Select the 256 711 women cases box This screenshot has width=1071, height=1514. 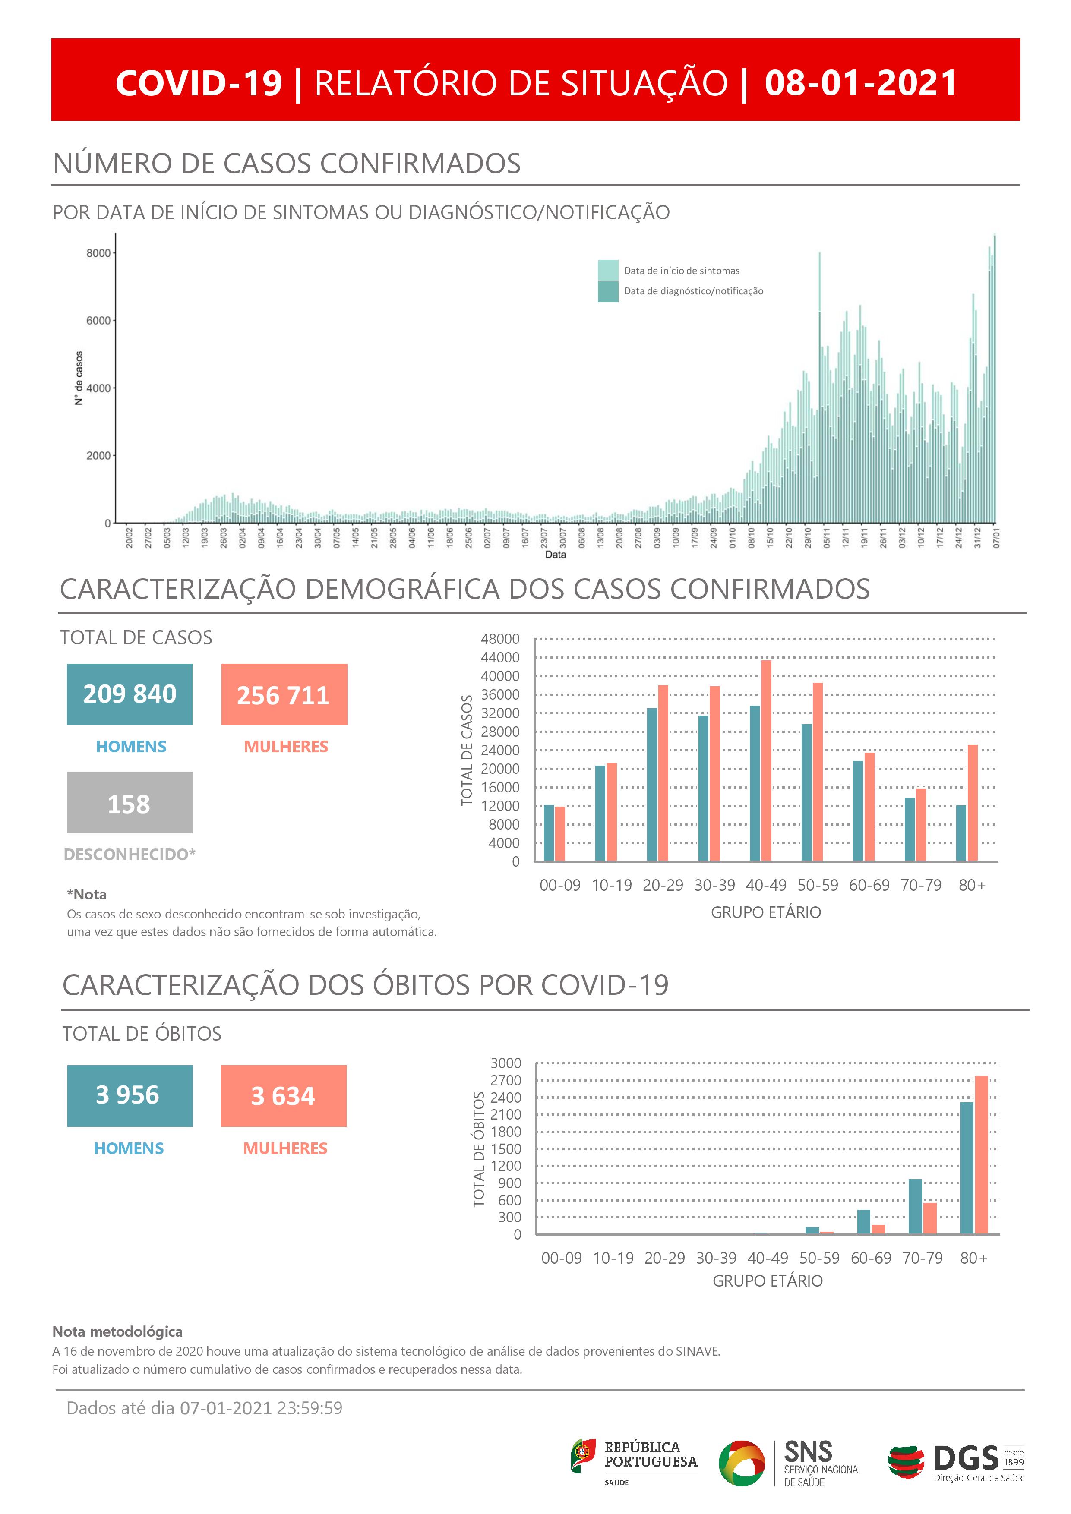pos(284,694)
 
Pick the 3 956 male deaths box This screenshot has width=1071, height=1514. pos(130,1095)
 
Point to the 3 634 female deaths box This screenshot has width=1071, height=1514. pos(284,1095)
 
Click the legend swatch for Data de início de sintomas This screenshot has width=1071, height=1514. pos(607,270)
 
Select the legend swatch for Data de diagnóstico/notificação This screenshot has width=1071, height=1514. pos(607,291)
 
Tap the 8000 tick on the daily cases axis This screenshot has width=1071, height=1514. pos(98,253)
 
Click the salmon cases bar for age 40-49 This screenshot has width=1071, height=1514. pos(766,760)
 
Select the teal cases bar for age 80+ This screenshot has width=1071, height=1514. pos(961,833)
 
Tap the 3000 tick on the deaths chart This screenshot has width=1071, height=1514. pos(506,1063)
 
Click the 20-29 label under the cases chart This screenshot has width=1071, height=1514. pos(663,885)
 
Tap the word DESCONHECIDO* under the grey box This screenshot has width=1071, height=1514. pos(129,854)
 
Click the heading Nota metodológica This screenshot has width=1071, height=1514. pos(117,1331)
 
